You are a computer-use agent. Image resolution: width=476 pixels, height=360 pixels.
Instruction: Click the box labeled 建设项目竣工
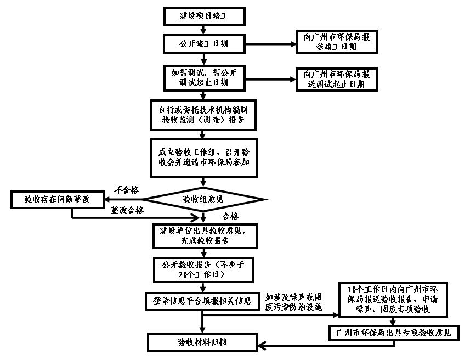click(203, 16)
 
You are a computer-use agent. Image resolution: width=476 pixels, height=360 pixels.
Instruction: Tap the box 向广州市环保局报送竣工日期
click(336, 42)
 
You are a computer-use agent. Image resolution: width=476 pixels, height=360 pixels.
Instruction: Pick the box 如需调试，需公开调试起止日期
click(203, 78)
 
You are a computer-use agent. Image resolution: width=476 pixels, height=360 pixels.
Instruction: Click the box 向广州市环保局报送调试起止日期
click(336, 79)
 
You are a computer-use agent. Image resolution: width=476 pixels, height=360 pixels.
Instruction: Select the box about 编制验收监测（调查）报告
click(203, 114)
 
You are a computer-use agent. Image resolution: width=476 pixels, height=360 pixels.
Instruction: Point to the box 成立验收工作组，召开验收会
click(203, 157)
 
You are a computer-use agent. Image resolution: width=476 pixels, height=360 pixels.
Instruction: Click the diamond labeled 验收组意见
click(203, 199)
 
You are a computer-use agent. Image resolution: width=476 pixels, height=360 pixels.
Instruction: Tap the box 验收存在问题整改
click(57, 199)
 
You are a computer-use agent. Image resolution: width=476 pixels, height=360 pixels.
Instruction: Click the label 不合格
click(126, 190)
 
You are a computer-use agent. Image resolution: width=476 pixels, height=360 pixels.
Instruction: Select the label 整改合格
click(127, 210)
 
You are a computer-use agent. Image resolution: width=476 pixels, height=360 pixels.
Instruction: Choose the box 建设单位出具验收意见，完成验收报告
click(203, 235)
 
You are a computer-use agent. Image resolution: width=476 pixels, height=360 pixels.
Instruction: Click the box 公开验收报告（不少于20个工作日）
click(203, 269)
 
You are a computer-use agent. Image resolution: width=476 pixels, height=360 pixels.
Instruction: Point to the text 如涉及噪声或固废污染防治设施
click(297, 301)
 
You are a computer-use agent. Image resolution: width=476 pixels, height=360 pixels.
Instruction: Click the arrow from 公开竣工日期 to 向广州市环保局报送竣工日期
click(269, 43)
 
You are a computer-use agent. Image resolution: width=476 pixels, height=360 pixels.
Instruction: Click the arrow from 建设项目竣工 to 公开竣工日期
click(203, 30)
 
